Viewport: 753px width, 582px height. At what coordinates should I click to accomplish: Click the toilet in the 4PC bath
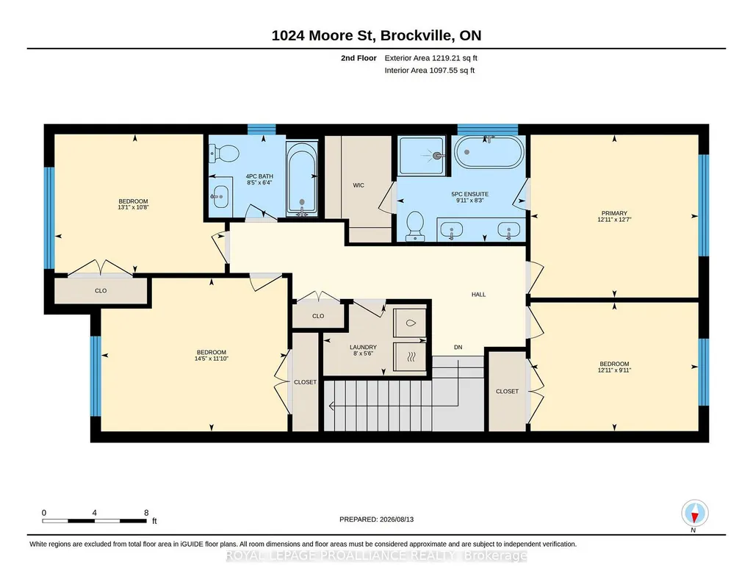224,154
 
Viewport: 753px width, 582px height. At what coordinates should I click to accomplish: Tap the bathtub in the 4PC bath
302,178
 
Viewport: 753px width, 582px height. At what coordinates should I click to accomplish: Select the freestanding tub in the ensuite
489,151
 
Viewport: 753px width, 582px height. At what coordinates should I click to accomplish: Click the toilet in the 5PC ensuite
415,226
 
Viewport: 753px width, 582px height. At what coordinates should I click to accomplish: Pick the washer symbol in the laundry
410,323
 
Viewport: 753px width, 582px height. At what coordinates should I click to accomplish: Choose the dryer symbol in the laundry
410,357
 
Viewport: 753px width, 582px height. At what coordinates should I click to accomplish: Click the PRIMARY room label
614,213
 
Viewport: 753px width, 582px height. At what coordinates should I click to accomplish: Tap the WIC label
359,185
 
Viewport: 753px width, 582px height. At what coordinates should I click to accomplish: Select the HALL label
478,295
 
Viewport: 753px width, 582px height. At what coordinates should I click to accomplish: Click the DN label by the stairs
458,347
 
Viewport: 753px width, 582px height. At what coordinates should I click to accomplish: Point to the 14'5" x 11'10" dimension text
212,358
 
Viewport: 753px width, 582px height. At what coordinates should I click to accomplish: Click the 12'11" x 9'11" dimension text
614,370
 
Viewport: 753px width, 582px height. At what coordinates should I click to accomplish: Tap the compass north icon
694,514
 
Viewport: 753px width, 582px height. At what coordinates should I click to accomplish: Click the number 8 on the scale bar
146,513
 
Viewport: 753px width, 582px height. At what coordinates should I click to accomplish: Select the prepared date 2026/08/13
397,520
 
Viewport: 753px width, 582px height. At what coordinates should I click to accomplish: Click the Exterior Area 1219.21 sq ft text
430,58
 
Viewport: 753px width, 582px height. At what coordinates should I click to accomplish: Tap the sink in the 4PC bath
220,196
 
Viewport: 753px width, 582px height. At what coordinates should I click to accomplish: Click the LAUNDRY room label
363,347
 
